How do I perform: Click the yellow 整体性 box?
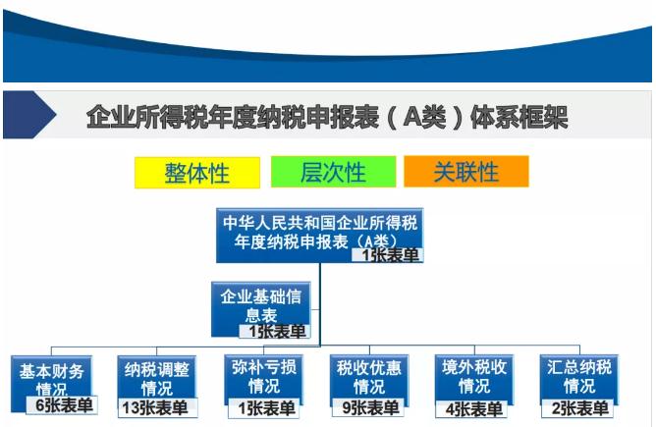(197, 173)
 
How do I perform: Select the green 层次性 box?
(334, 172)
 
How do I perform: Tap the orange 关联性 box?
(466, 172)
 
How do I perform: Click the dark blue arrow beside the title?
(29, 115)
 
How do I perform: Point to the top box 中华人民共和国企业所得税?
(319, 236)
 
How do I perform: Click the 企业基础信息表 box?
(261, 309)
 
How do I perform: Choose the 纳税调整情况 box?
(157, 383)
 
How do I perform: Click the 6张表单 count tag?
(62, 404)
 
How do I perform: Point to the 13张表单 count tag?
(155, 407)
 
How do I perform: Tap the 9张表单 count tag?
(368, 407)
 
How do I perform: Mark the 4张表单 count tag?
(471, 409)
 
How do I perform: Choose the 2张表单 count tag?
(577, 408)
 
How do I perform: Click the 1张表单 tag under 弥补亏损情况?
(264, 408)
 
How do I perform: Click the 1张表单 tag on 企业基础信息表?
(275, 331)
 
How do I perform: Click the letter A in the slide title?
(412, 117)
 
